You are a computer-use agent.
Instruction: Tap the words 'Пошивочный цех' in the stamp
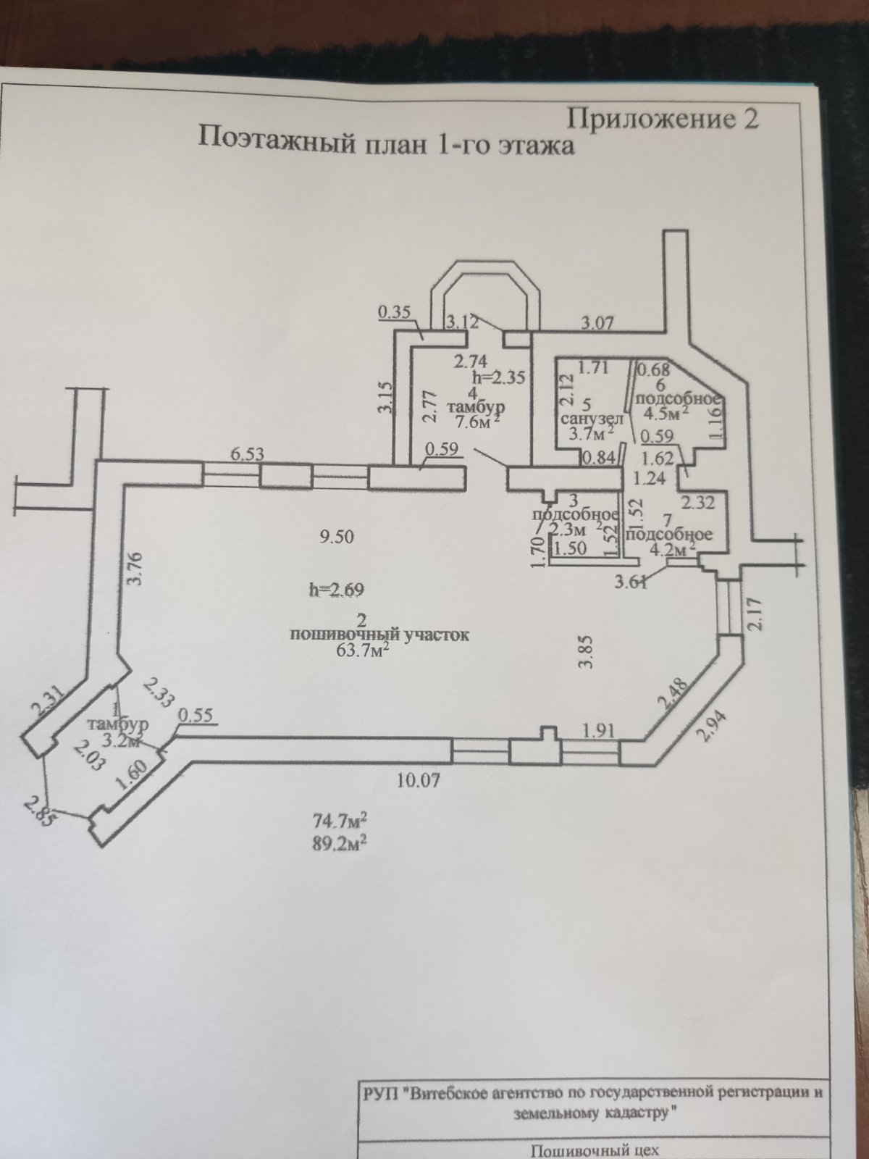coord(595,1150)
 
